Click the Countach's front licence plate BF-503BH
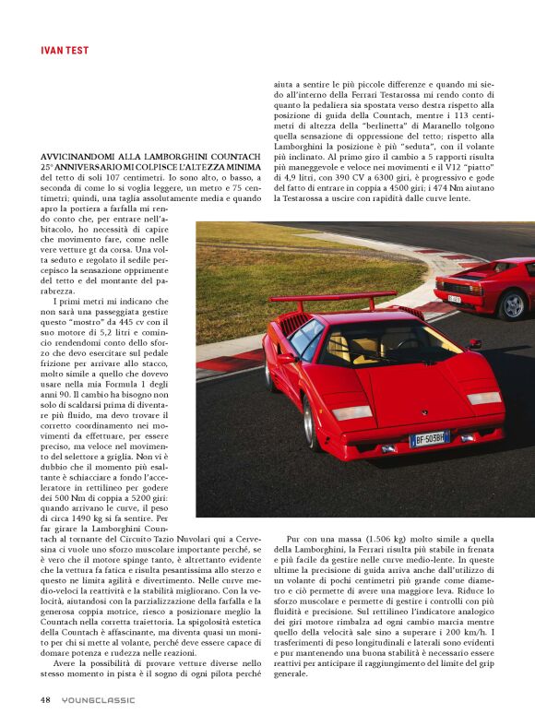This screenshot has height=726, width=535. coord(428,440)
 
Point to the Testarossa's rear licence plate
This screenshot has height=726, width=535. coord(454,298)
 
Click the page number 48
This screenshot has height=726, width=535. coord(44,699)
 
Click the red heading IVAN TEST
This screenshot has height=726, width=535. coord(65,51)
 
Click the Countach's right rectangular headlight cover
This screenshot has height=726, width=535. coord(483,398)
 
